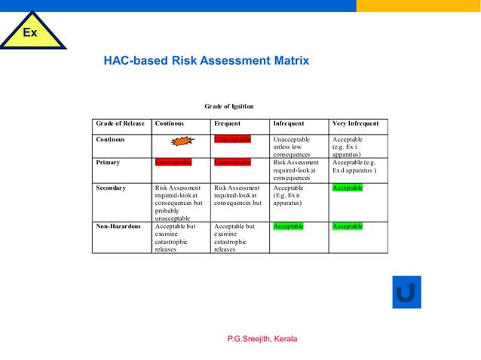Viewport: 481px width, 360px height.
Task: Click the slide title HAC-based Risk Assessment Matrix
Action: coord(206,61)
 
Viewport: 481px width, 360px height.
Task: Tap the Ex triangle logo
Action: coord(30,33)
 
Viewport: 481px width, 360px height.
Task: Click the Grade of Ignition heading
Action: coord(229,106)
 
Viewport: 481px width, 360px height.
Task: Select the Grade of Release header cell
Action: coord(120,124)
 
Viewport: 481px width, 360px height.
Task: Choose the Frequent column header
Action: coord(228,124)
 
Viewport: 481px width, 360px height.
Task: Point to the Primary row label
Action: coord(109,162)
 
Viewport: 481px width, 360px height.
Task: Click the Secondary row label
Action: coord(111,188)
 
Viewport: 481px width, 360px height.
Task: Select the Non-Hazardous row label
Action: coord(119,226)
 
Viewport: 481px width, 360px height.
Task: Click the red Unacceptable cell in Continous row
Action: coord(232,139)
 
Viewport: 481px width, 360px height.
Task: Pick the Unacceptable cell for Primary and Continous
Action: coord(173,162)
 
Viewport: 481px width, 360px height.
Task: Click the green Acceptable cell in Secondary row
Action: coord(348,188)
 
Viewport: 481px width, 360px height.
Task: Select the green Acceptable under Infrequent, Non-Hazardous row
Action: coord(288,226)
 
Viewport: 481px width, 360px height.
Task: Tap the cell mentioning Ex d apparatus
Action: coord(357,166)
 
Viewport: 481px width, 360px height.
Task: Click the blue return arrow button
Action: coord(406,291)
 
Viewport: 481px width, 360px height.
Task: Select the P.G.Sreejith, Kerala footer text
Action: coord(262,339)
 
